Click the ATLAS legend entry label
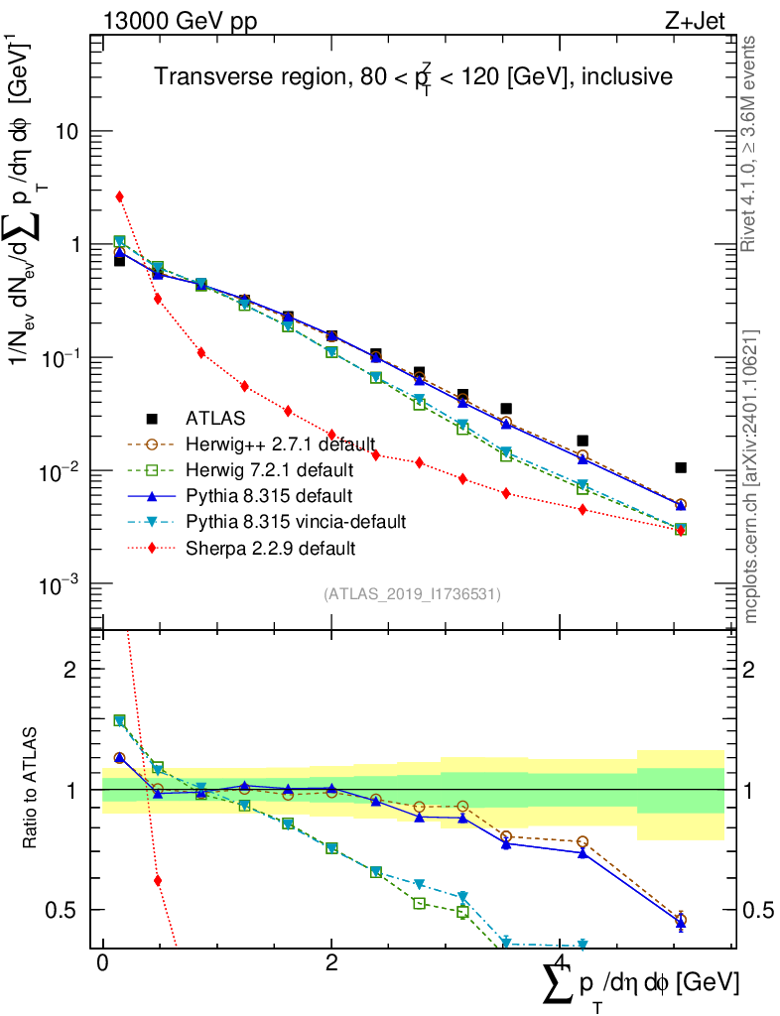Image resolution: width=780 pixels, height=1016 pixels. pyautogui.click(x=215, y=419)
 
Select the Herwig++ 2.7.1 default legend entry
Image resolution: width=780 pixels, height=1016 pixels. pyautogui.click(x=280, y=444)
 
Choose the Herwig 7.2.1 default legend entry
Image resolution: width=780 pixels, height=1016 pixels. pyautogui.click(x=270, y=469)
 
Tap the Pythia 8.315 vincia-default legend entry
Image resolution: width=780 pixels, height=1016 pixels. pyautogui.click(x=296, y=522)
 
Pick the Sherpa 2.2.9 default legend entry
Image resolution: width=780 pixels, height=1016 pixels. pyautogui.click(x=270, y=548)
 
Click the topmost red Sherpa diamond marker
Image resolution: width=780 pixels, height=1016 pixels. pyautogui.click(x=119, y=196)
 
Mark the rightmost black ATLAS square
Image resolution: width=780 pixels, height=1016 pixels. pyautogui.click(x=680, y=468)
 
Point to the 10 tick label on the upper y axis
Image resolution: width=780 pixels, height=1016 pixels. pyautogui.click(x=66, y=132)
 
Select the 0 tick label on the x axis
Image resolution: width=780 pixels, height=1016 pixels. pyautogui.click(x=102, y=962)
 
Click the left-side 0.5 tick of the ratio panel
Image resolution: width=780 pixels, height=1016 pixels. pyautogui.click(x=61, y=911)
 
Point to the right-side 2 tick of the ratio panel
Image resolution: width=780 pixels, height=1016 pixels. pyautogui.click(x=748, y=670)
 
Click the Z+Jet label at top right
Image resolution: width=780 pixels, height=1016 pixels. pyautogui.click(x=695, y=21)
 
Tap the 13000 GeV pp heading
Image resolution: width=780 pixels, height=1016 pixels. pyautogui.click(x=180, y=21)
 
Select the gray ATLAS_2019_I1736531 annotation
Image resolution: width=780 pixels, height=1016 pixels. pyautogui.click(x=412, y=594)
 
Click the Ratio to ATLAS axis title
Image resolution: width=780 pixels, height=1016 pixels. pyautogui.click(x=30, y=788)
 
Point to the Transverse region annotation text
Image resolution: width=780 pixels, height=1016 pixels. pyautogui.click(x=414, y=75)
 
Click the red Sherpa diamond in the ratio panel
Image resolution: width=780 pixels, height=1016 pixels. pyautogui.click(x=158, y=881)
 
